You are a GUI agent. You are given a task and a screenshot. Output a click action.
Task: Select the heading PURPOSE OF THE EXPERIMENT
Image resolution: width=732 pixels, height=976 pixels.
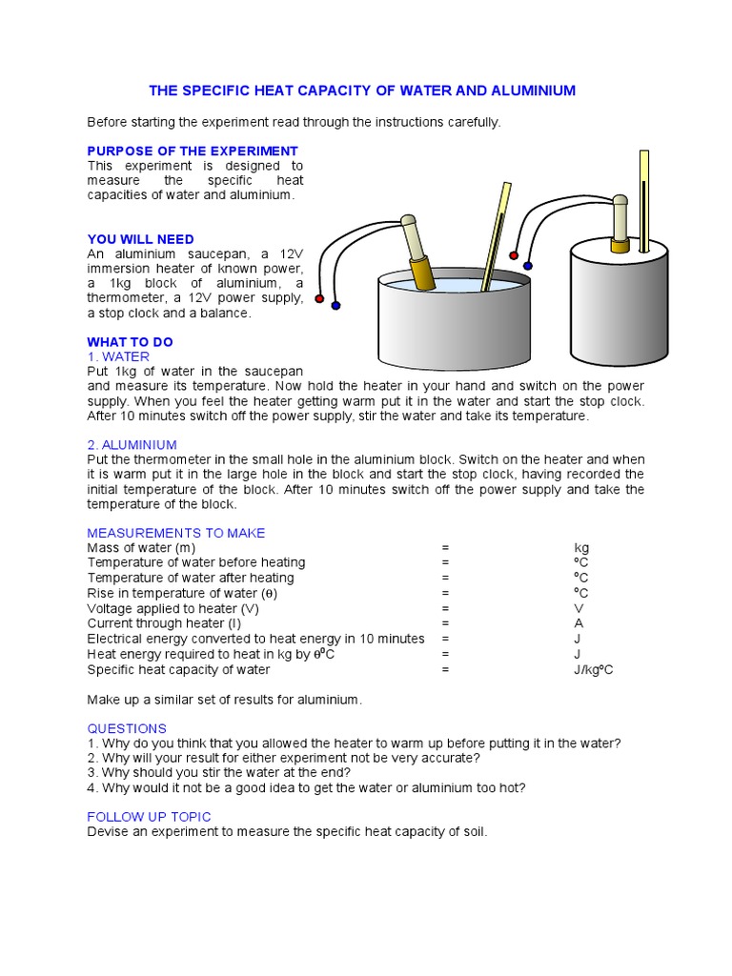[x=193, y=151]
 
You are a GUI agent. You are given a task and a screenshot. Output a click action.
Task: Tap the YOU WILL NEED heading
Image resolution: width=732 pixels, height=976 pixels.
[x=140, y=239]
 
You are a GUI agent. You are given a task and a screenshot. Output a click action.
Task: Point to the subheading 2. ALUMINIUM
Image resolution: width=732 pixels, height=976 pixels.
[x=132, y=444]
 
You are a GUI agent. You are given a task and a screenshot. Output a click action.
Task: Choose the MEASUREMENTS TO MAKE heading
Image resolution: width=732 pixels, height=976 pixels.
[x=175, y=533]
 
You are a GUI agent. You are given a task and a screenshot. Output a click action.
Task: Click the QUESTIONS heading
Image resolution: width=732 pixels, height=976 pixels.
[x=127, y=728]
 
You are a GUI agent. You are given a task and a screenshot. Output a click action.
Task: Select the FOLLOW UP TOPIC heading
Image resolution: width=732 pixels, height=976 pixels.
[x=149, y=817]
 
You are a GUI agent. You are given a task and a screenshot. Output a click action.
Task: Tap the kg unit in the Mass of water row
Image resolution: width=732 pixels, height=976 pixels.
[x=581, y=548]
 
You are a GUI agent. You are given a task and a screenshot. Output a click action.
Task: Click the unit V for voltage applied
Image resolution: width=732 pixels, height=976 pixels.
[x=579, y=608]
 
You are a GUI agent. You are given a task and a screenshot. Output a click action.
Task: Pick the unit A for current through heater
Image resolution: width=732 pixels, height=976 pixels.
[x=579, y=623]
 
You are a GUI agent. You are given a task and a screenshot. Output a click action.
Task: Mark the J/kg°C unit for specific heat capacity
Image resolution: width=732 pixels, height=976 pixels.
[x=593, y=670]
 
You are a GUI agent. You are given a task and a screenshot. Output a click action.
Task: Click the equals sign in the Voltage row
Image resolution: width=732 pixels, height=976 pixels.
[x=445, y=608]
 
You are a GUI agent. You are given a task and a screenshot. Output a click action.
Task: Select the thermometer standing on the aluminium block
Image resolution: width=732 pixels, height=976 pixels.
[x=644, y=200]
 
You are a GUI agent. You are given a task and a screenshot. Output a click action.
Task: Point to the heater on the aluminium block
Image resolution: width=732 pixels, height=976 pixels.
[x=620, y=224]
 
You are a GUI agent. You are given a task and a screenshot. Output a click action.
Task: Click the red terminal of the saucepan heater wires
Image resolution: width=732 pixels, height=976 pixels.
[x=319, y=298]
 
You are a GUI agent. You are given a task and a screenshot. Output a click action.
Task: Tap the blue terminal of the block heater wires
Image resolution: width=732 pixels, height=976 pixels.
[x=528, y=266]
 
